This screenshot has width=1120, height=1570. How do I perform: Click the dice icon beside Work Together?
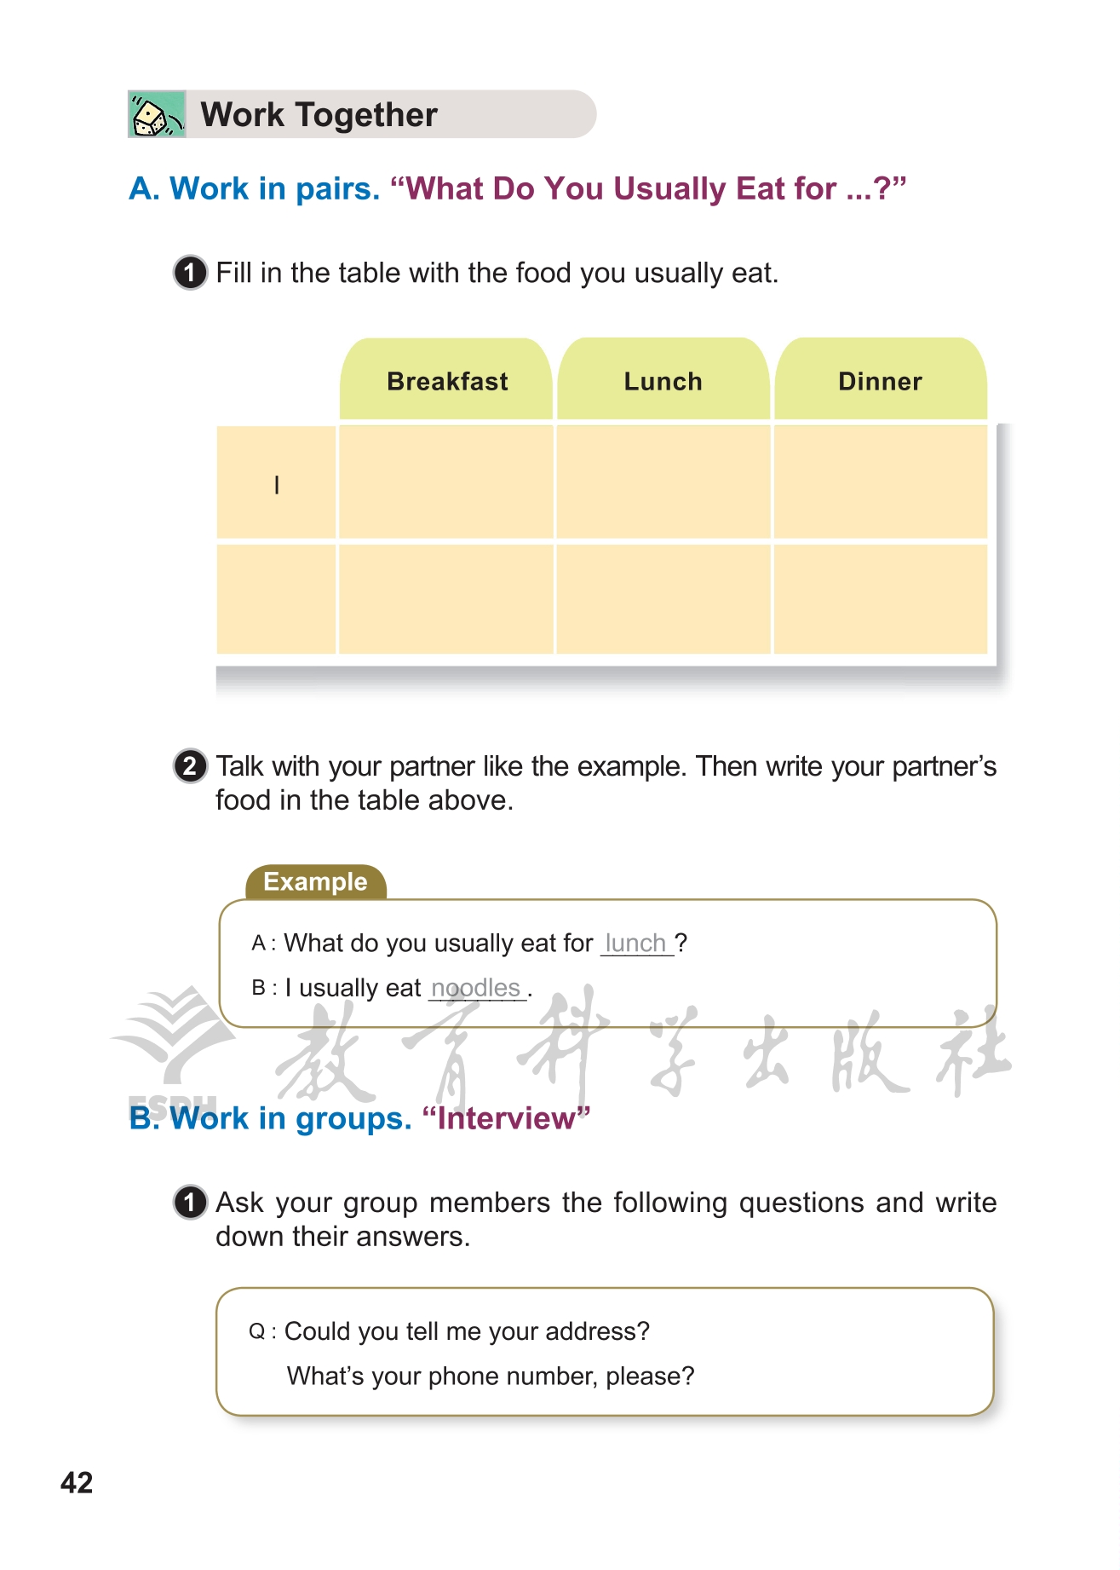tap(156, 115)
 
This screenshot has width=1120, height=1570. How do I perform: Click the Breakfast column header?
tap(447, 381)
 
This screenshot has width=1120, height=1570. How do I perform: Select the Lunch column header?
tap(663, 381)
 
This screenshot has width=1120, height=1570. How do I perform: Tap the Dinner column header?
tap(880, 381)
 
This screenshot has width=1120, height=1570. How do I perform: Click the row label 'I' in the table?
tap(277, 485)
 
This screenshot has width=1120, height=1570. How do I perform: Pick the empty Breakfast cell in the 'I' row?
tap(446, 482)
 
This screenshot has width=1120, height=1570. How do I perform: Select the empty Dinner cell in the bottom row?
tap(880, 599)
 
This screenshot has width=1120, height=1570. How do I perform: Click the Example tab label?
tap(315, 882)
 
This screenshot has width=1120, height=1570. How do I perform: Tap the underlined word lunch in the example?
tap(635, 944)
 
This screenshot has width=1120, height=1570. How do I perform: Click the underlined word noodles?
tap(475, 988)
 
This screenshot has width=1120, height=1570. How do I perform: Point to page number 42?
tap(77, 1483)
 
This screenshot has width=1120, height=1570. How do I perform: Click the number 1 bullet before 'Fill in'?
tap(190, 273)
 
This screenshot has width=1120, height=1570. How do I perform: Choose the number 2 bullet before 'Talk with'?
tap(190, 766)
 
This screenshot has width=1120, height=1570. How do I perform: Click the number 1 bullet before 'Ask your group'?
tap(190, 1203)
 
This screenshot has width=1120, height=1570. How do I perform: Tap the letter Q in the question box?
tap(256, 1331)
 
